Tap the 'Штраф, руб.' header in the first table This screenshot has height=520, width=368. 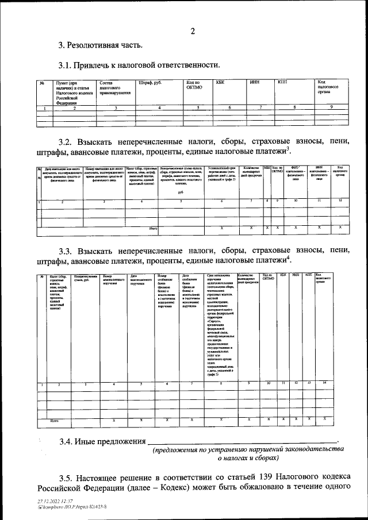coord(150,83)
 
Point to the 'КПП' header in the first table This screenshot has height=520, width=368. coord(282,83)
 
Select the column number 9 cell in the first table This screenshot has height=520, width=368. coord(331,107)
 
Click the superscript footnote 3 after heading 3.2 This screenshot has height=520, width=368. coord(288,150)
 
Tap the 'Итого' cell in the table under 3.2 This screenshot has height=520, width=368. coord(153,228)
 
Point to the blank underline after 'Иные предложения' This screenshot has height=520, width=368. coord(241,443)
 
